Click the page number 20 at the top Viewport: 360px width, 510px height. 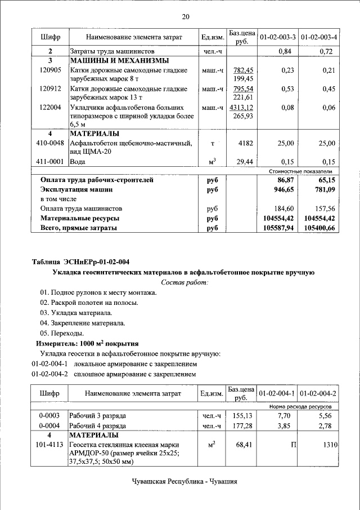[x=185, y=16]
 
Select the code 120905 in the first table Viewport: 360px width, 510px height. [x=50, y=70]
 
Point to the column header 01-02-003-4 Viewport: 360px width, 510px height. [x=319, y=37]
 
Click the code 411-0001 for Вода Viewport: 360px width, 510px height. [x=50, y=162]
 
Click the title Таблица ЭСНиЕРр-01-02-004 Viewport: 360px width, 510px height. [x=80, y=261]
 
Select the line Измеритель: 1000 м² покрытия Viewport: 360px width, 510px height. [x=87, y=343]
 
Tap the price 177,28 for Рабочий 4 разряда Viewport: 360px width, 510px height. [x=244, y=425]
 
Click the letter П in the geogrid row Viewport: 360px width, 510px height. [x=293, y=445]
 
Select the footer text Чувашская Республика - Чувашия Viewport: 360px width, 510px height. [x=184, y=482]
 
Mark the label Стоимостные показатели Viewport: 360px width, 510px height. [x=301, y=171]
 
